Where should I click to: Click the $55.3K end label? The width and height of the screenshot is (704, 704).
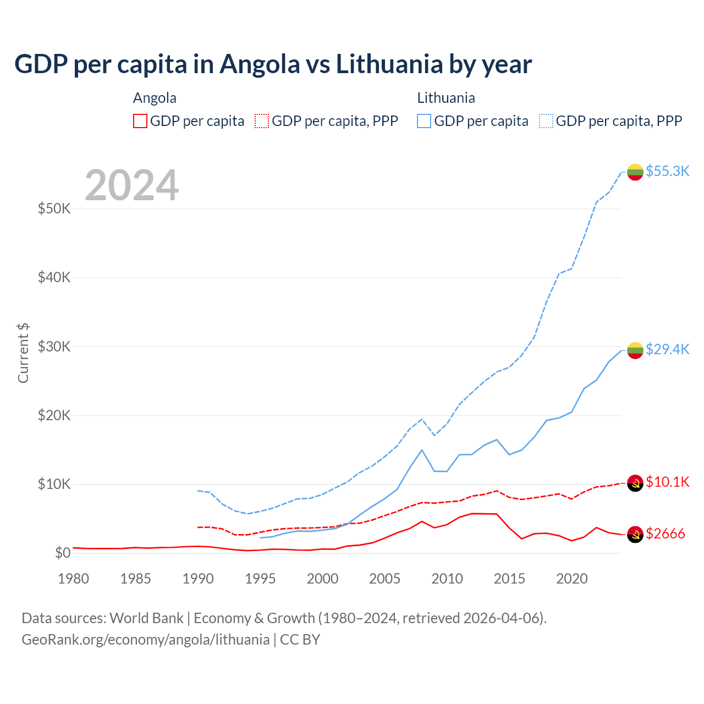(667, 171)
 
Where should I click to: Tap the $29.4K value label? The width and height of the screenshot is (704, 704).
(667, 349)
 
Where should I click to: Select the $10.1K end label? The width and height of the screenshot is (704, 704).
(667, 482)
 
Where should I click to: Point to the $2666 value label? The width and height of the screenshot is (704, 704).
(665, 533)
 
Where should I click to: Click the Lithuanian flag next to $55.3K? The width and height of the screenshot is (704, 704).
(635, 172)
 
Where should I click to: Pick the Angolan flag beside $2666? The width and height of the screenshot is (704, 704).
(635, 534)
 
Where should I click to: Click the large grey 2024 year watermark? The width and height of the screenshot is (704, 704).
(132, 185)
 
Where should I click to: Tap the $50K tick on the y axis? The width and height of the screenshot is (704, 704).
(54, 209)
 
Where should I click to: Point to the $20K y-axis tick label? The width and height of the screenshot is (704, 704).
(54, 415)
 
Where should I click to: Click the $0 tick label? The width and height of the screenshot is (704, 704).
(62, 553)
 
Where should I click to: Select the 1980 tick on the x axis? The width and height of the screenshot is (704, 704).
(73, 579)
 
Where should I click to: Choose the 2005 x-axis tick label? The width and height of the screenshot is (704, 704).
(384, 579)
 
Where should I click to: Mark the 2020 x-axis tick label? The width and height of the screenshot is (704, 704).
(571, 579)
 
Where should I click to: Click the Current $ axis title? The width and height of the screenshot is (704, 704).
(23, 353)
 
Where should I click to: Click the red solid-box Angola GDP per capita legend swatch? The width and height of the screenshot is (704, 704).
(140, 121)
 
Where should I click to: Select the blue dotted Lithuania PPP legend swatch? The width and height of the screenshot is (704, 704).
(546, 121)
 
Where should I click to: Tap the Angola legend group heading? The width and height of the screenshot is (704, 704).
(155, 98)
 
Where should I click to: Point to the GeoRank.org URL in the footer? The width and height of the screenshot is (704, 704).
(145, 640)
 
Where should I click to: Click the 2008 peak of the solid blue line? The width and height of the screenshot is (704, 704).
(422, 450)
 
